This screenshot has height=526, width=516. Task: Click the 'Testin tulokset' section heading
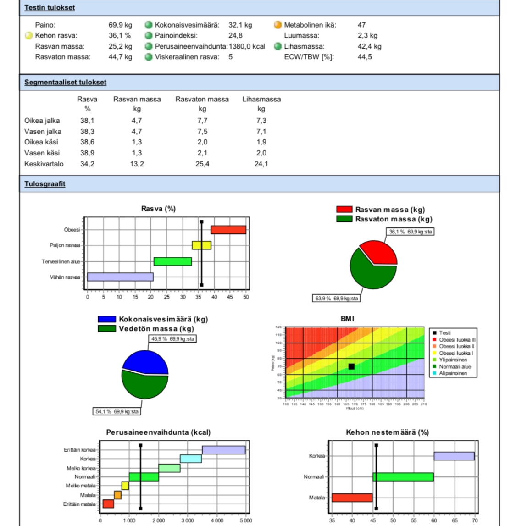click(50, 8)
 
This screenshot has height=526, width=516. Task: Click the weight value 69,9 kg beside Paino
click(120, 25)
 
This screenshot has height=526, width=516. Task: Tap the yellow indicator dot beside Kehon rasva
click(28, 36)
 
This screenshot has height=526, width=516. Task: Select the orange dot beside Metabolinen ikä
click(277, 25)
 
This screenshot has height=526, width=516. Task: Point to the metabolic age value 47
click(361, 25)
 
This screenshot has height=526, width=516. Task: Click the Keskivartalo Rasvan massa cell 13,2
click(137, 164)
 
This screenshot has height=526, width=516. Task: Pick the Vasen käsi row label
click(42, 153)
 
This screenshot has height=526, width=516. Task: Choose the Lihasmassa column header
click(261, 99)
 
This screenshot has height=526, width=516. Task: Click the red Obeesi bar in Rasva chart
click(228, 230)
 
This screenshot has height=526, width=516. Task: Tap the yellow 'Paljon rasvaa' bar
click(201, 245)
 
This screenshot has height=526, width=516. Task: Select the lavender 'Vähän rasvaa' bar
click(120, 277)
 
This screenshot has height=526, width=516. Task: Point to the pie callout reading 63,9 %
click(336, 299)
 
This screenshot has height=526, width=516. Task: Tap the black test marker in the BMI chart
click(351, 366)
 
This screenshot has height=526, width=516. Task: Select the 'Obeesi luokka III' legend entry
click(456, 340)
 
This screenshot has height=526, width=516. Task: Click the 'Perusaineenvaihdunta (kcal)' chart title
click(158, 432)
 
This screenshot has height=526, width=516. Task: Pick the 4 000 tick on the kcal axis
click(217, 520)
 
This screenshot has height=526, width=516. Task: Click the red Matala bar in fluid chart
click(352, 498)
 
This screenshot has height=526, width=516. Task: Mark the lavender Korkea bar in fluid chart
click(454, 456)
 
